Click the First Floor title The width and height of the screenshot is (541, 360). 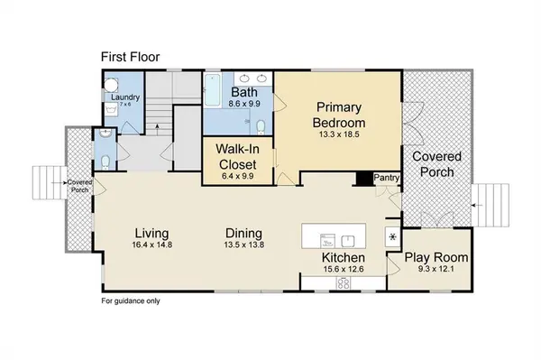(x=131, y=57)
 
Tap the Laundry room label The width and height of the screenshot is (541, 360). (x=125, y=97)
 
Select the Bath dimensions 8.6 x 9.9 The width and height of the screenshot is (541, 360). (x=244, y=103)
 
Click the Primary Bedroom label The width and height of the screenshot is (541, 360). (x=339, y=115)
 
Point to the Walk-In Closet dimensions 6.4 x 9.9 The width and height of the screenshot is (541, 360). (x=238, y=176)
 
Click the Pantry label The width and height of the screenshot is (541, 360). (x=387, y=178)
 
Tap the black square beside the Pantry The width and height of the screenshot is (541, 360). (x=364, y=179)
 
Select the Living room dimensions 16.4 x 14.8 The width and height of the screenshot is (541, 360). (x=151, y=245)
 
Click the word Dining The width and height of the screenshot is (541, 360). (x=244, y=234)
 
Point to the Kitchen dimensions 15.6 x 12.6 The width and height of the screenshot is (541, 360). (x=344, y=269)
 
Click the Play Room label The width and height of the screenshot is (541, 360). (x=436, y=257)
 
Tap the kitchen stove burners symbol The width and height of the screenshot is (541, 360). (x=344, y=283)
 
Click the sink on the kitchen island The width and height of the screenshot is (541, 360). (x=348, y=241)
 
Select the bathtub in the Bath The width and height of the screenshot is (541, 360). (x=212, y=90)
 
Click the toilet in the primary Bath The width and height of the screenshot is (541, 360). (x=261, y=126)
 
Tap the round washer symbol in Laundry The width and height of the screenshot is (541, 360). (x=111, y=85)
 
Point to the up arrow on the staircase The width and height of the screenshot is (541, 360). (x=157, y=129)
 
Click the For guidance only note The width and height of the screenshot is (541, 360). (x=131, y=301)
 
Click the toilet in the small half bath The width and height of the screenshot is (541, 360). (x=105, y=162)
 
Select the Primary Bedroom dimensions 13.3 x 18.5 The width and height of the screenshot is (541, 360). (x=339, y=134)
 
